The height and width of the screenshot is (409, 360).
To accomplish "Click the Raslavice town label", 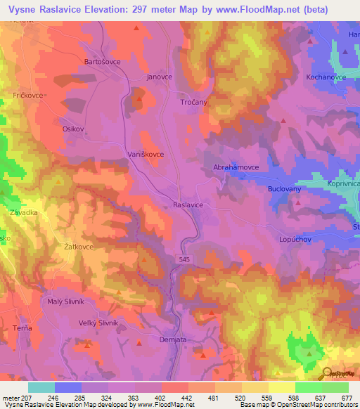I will click(188, 204).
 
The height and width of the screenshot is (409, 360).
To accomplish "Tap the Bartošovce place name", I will click(103, 62).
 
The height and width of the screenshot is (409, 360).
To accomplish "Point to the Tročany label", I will click(189, 103).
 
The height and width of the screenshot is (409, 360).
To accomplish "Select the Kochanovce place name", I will click(326, 77).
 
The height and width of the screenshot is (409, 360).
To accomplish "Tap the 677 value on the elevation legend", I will click(347, 398).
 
